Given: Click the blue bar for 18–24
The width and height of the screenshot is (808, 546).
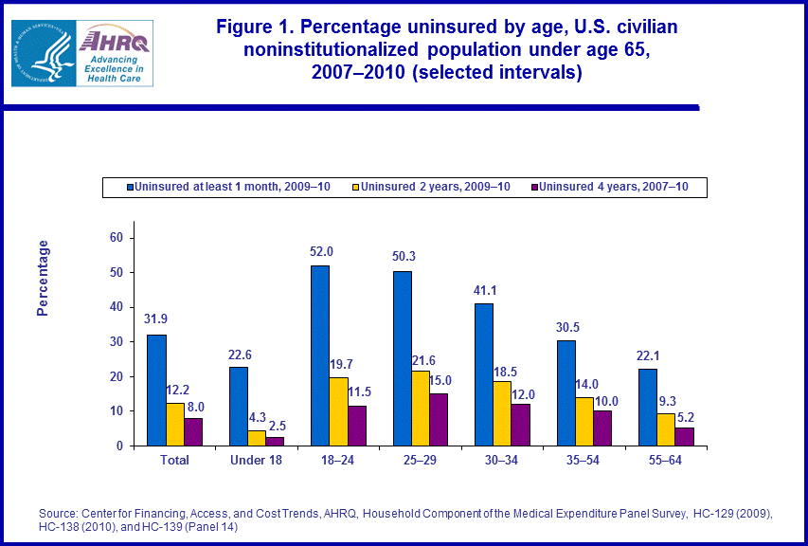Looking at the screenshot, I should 320,355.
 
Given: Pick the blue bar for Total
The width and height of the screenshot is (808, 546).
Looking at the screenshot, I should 156,390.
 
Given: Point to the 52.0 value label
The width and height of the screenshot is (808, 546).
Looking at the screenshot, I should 320,253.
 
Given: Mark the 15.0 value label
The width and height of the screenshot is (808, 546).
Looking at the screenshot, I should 440,381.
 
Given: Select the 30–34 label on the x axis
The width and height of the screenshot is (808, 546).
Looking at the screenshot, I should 501,461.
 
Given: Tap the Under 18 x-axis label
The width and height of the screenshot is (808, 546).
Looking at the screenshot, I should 257,461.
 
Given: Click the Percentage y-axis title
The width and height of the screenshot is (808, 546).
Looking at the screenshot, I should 43,278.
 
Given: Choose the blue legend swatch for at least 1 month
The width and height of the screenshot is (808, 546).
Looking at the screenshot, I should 130,187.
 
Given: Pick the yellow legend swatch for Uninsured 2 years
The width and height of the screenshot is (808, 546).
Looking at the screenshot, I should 355,187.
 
